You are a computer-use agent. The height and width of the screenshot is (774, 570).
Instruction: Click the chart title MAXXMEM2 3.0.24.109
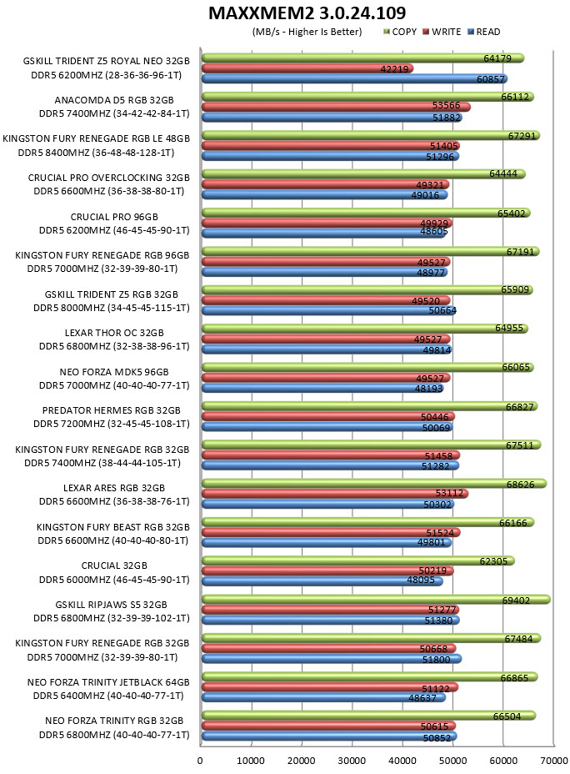click(307, 13)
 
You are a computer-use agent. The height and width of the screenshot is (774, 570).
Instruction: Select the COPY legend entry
click(400, 32)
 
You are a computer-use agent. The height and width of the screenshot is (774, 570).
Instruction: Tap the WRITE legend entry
click(442, 32)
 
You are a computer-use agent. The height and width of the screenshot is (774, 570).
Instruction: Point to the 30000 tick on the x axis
click(351, 760)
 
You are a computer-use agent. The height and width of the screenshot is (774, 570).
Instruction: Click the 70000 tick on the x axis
click(553, 760)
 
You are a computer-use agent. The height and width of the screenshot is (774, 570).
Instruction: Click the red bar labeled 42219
click(307, 68)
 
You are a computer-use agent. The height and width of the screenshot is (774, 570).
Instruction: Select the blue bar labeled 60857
click(354, 79)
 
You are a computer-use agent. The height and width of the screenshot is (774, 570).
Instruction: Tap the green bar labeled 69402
click(376, 600)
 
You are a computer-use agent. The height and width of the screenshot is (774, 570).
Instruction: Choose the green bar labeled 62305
click(358, 560)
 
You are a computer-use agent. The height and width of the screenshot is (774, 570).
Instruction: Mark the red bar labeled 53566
click(336, 107)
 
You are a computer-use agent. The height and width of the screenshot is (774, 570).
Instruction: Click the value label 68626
click(520, 485)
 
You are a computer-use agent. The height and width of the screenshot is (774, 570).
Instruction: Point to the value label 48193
click(428, 389)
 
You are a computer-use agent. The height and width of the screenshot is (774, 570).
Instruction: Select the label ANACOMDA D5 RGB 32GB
click(114, 100)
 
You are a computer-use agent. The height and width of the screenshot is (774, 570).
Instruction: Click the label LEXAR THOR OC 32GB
click(114, 333)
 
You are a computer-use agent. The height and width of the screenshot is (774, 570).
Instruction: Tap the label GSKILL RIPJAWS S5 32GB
click(111, 605)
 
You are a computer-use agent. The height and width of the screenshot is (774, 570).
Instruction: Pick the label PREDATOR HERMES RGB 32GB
click(112, 410)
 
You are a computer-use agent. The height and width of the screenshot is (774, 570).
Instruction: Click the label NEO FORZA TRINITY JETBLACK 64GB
click(108, 682)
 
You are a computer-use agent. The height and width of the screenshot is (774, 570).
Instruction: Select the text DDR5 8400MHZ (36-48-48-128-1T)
click(96, 153)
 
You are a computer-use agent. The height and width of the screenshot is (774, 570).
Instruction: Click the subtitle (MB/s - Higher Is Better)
click(307, 32)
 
